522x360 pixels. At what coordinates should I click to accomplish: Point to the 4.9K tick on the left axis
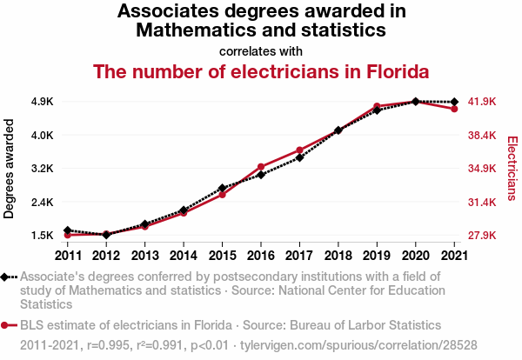point(42,102)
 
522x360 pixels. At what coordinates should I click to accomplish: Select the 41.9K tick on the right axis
point(482,102)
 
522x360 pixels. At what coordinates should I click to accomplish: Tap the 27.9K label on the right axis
point(482,236)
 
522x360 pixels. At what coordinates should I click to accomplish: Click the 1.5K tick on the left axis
point(42,236)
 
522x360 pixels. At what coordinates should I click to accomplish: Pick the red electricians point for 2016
point(260,166)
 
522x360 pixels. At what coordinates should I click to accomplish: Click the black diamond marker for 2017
point(299,157)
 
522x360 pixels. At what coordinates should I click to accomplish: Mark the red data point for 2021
point(454,109)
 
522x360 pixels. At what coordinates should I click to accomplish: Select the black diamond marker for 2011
point(68,230)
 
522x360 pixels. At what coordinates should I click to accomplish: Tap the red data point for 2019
point(377,106)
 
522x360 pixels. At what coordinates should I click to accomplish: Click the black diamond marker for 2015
point(222,188)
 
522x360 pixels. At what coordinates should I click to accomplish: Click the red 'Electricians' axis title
point(512,169)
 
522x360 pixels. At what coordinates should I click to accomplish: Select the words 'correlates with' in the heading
point(261,50)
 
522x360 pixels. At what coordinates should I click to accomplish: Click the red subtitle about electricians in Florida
point(261,71)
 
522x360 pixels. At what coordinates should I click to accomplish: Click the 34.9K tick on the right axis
point(482,169)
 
